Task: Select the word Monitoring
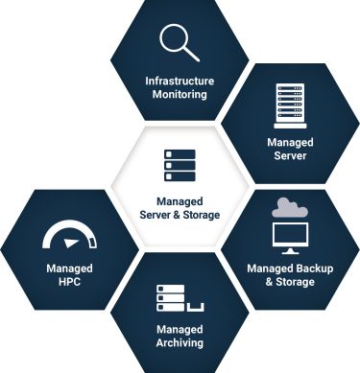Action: (x=180, y=95)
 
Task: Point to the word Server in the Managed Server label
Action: (x=290, y=156)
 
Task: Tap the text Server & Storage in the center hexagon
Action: (x=180, y=216)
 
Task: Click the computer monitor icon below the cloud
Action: (x=290, y=235)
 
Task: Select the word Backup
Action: (x=311, y=268)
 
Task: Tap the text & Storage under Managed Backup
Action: (x=290, y=282)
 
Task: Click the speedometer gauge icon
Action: (x=69, y=236)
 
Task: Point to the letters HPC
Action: (x=69, y=282)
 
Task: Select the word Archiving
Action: (x=180, y=342)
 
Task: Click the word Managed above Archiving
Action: (x=180, y=328)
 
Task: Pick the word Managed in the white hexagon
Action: (x=180, y=201)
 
